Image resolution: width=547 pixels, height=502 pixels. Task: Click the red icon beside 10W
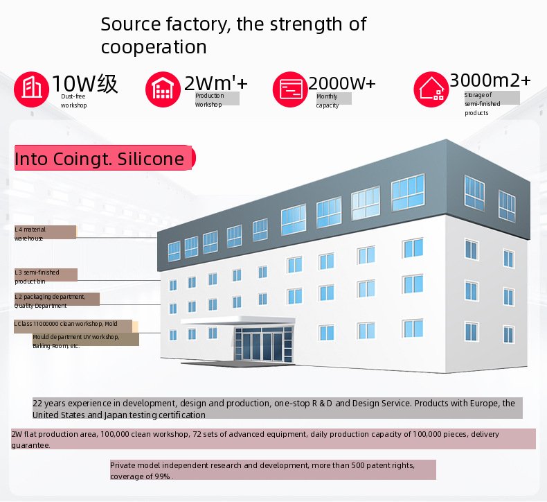click(x=31, y=89)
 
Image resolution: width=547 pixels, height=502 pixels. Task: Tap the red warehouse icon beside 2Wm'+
click(x=163, y=89)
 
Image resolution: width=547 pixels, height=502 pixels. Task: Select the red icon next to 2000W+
click(x=290, y=89)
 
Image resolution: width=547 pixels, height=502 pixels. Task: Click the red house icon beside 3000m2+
click(x=431, y=89)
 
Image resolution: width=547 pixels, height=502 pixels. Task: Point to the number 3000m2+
click(x=490, y=80)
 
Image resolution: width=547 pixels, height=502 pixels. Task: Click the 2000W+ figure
click(x=342, y=83)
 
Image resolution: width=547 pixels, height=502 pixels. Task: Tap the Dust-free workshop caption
click(x=73, y=101)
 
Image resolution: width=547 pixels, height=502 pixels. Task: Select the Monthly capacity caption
click(x=328, y=101)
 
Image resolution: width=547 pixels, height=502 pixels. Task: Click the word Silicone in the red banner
click(x=151, y=159)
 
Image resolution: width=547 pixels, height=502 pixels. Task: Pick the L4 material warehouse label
click(x=30, y=234)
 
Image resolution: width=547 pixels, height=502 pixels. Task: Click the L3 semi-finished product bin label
click(x=37, y=277)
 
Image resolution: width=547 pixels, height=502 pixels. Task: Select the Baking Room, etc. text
click(x=56, y=346)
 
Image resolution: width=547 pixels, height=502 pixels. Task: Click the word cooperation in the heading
click(x=154, y=47)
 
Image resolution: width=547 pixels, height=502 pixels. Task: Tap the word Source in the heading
click(x=130, y=24)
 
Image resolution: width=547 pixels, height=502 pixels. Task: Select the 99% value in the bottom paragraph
click(x=162, y=476)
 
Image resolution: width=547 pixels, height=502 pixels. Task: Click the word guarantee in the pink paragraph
click(x=30, y=445)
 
